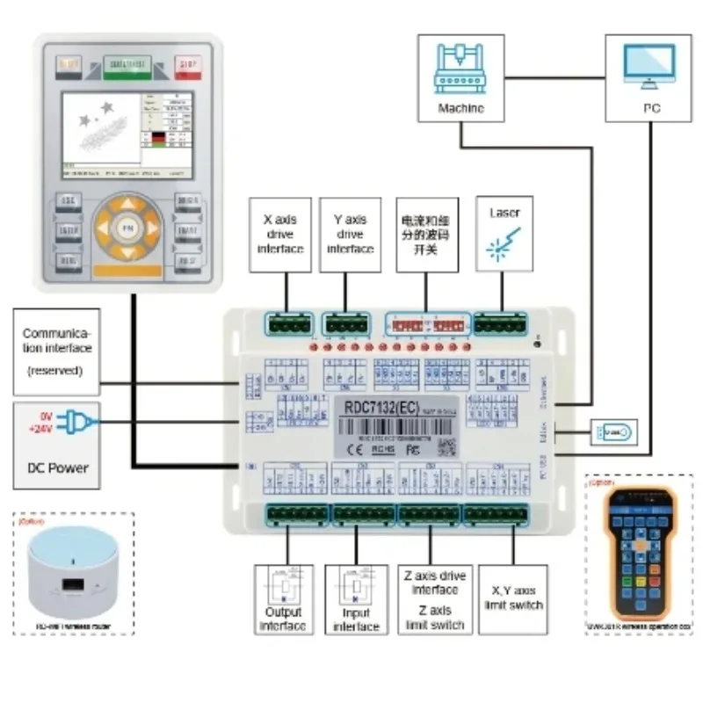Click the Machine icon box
pyautogui.click(x=460, y=77)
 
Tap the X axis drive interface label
pyautogui.click(x=280, y=234)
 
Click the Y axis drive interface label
pyautogui.click(x=350, y=234)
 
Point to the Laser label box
pyautogui.click(x=504, y=234)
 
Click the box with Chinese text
pyautogui.click(x=424, y=234)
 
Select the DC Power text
pyautogui.click(x=54, y=467)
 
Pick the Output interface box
pyautogui.click(x=284, y=600)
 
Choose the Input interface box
pyautogui.click(x=356, y=600)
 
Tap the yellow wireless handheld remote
pyautogui.click(x=639, y=554)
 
